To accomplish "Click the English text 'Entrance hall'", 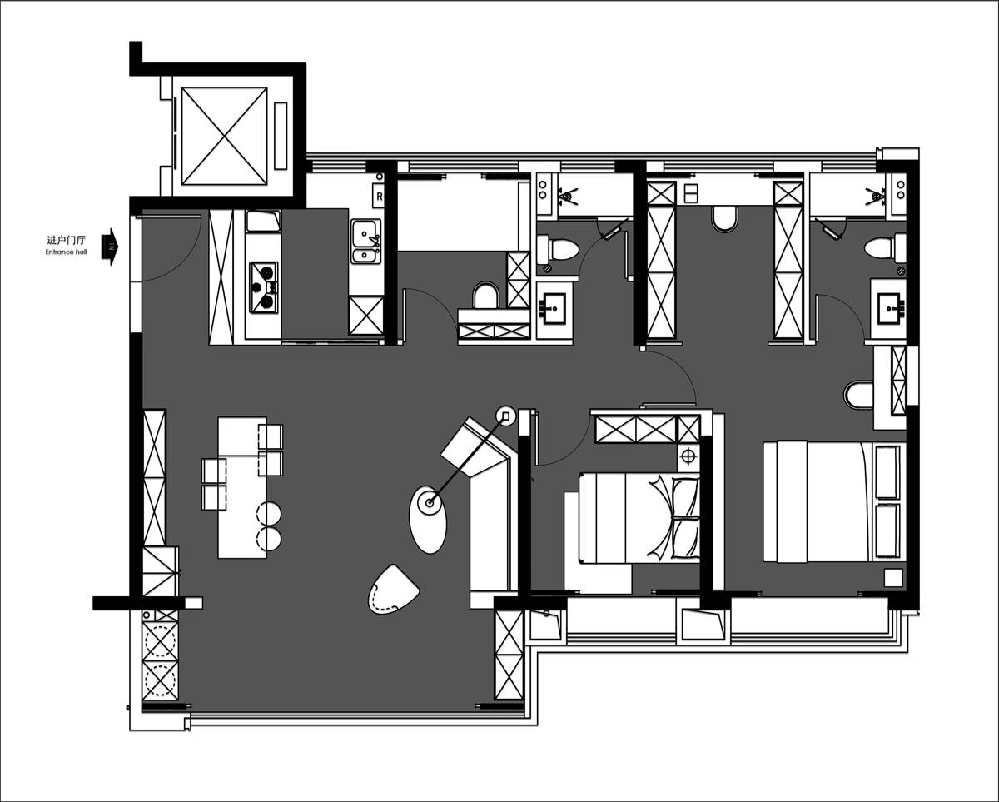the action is click(x=66, y=252).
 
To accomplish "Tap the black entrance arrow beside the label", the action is click(x=110, y=247).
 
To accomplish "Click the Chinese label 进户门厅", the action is click(x=67, y=240).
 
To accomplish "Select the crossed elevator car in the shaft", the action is click(x=224, y=136).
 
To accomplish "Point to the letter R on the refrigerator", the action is click(x=380, y=197).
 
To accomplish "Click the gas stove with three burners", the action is click(x=264, y=287).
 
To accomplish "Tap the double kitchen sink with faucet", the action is click(x=365, y=241).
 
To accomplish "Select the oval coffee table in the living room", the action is click(x=428, y=520).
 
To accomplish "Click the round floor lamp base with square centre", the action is click(x=506, y=416).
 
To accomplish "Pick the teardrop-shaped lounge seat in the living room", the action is click(x=393, y=590).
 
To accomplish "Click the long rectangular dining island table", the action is click(x=242, y=487).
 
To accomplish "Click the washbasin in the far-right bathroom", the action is click(x=888, y=308).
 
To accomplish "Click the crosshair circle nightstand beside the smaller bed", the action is click(x=688, y=457).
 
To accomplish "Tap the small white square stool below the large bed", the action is click(x=893, y=578).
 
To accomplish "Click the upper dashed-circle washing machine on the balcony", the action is click(x=160, y=641).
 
